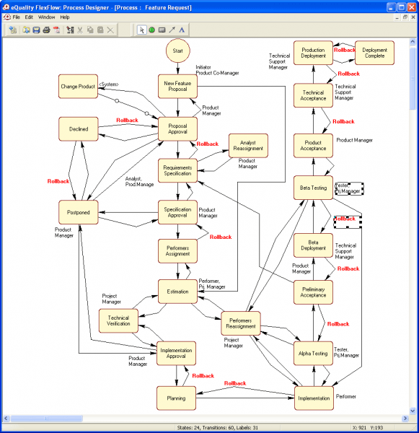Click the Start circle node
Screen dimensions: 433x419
(x=177, y=52)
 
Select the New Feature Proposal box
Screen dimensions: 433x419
(x=177, y=87)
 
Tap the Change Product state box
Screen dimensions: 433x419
(x=78, y=87)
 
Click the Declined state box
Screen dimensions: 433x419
(x=78, y=129)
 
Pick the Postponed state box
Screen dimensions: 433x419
(x=78, y=213)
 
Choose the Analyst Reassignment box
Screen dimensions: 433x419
(x=248, y=146)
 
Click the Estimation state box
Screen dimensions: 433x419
(x=177, y=292)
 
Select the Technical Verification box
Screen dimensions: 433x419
(x=118, y=321)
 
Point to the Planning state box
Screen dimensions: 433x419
(x=177, y=398)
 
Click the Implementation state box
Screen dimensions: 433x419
(x=314, y=398)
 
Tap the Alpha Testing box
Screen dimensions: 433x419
(x=313, y=354)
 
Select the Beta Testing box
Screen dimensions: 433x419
(x=313, y=188)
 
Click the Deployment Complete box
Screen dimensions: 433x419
(x=374, y=53)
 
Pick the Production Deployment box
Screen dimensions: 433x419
(x=313, y=53)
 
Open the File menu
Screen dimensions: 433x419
(x=16, y=17)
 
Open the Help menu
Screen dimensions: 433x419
(x=65, y=17)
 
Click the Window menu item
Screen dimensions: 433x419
(x=46, y=17)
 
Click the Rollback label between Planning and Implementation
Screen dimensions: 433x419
(x=235, y=383)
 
